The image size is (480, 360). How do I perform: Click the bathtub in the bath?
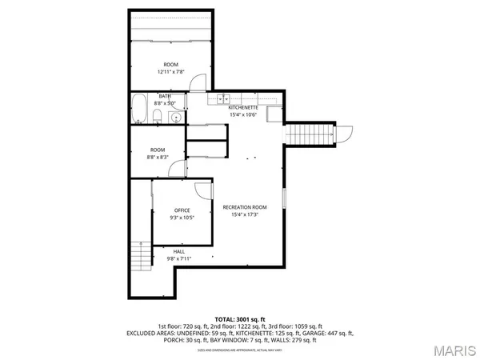(139, 109)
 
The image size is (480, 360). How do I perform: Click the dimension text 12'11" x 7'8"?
(171, 72)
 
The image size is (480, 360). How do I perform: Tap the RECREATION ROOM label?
(244, 207)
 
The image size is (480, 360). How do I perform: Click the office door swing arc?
(206, 190)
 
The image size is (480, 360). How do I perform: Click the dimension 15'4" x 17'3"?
(244, 214)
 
